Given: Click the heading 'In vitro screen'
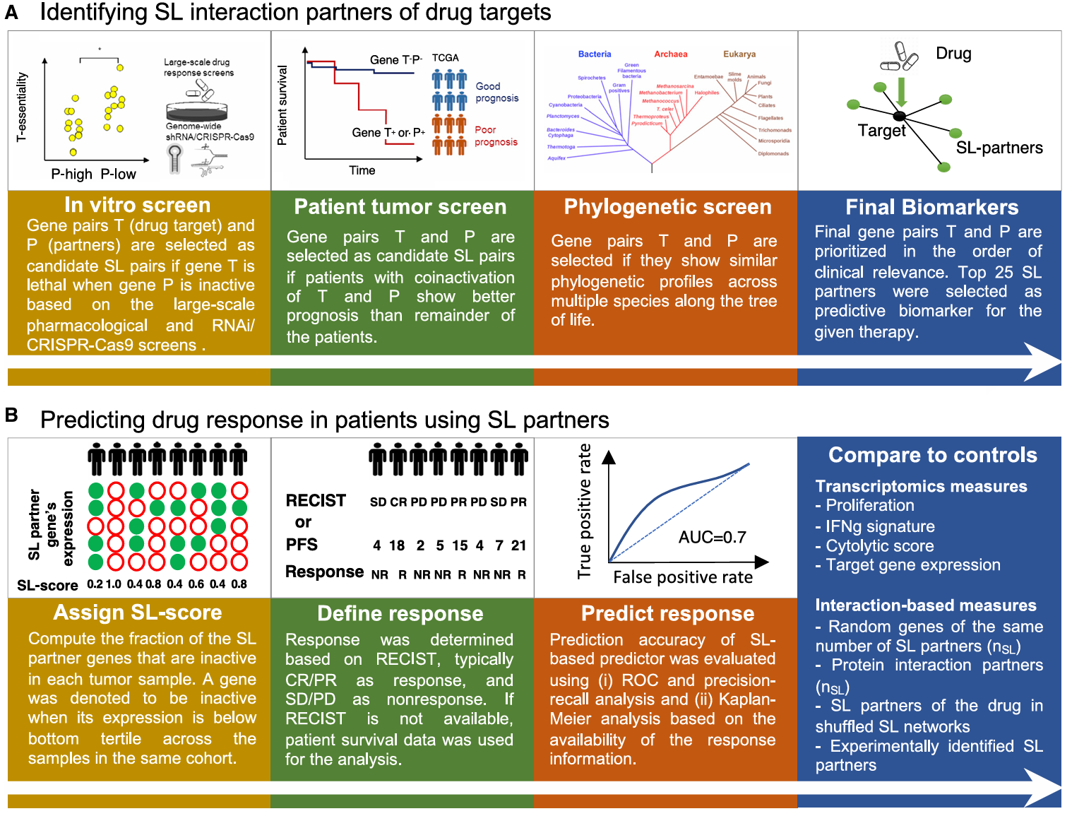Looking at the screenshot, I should pyautogui.click(x=138, y=205).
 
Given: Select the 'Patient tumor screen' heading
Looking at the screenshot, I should pyautogui.click(x=400, y=206).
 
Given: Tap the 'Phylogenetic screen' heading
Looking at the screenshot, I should pyautogui.click(x=667, y=206).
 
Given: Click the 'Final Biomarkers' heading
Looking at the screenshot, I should pyautogui.click(x=931, y=207).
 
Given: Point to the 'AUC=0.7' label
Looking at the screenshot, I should pyautogui.click(x=712, y=537).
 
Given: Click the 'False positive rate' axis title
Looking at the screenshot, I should pyautogui.click(x=683, y=577).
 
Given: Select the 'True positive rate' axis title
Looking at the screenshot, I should pyautogui.click(x=585, y=511).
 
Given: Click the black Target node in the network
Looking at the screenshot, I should pyautogui.click(x=899, y=116).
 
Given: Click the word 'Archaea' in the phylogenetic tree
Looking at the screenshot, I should pyautogui.click(x=670, y=54).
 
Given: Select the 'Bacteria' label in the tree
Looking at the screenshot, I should pyautogui.click(x=595, y=54).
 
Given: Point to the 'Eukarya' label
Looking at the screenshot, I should pyautogui.click(x=739, y=54).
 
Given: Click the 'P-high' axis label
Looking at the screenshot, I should pyautogui.click(x=72, y=175).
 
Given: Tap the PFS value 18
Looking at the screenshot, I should pyautogui.click(x=397, y=545).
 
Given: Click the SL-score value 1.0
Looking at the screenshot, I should pyautogui.click(x=114, y=584).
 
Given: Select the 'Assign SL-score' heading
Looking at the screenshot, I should pyautogui.click(x=138, y=613).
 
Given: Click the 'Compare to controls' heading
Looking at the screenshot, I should pyautogui.click(x=932, y=455).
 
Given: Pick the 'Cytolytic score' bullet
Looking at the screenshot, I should pyautogui.click(x=879, y=546).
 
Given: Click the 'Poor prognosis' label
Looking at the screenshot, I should pyautogui.click(x=496, y=136).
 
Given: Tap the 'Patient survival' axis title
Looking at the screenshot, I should pyautogui.click(x=282, y=105).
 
